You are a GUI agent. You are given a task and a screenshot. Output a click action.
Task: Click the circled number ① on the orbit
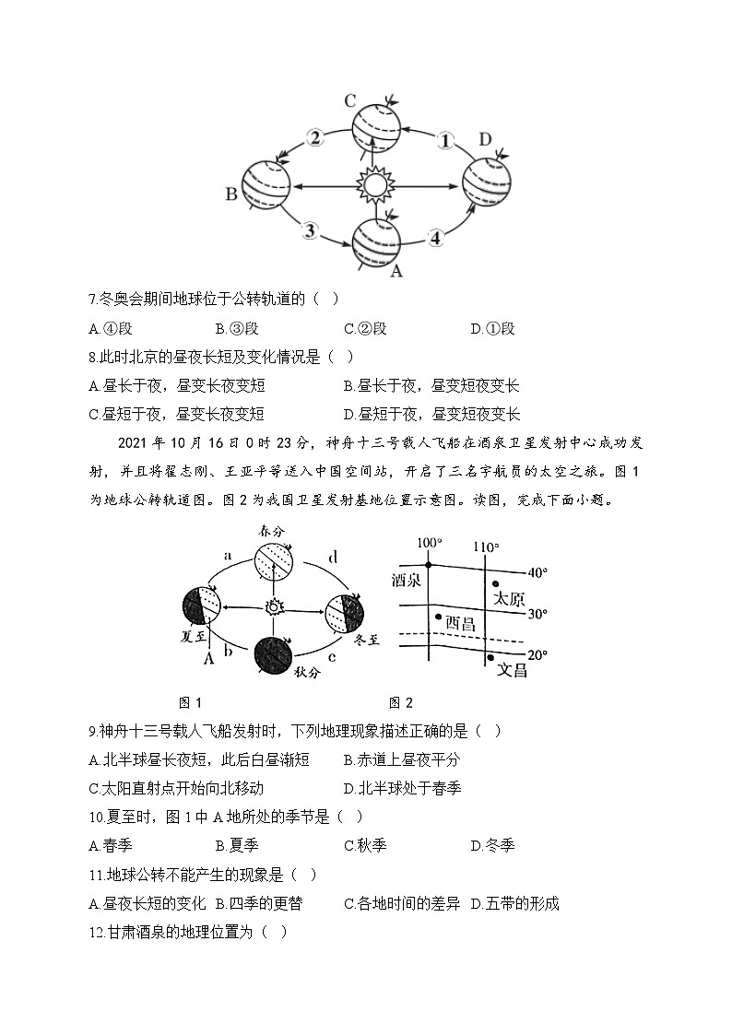point(445,140)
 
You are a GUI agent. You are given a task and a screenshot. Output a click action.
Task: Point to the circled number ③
point(312,230)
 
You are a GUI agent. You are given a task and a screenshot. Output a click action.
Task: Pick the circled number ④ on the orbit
point(435,237)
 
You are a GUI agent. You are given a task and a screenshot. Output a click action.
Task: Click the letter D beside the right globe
point(485,139)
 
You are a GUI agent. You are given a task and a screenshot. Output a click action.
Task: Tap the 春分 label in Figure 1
point(273,533)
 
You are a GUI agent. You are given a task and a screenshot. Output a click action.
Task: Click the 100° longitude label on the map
point(429,544)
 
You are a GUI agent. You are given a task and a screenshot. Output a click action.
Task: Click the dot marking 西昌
point(439,617)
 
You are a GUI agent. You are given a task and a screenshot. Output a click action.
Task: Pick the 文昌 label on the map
point(513,670)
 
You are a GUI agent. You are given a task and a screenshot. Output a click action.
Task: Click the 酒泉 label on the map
point(407,581)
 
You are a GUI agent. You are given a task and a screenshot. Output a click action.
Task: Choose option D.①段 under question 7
point(492,329)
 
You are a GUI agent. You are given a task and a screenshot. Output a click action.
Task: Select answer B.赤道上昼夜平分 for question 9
point(401,759)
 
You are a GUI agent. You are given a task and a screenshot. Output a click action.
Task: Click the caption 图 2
point(400,703)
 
